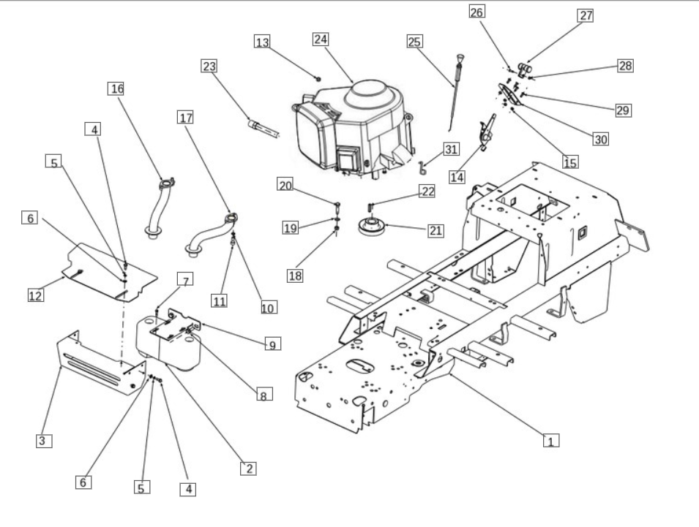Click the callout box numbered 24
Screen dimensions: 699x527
pos(321,39)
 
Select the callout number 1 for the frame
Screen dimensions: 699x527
pos(551,441)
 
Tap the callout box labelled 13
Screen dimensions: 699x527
pos(262,42)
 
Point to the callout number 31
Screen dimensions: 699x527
pos(451,149)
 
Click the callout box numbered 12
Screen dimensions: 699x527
pos(36,295)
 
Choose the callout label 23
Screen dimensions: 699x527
pos(209,66)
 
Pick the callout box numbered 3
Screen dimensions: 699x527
pos(44,441)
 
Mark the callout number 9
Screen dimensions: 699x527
pos(273,344)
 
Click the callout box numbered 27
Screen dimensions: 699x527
pos(586,15)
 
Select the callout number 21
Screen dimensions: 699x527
pos(436,230)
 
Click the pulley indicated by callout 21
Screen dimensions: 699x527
pos(371,226)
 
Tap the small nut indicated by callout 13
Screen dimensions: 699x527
pos(318,79)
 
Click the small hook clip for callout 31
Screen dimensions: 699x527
pos(422,168)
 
